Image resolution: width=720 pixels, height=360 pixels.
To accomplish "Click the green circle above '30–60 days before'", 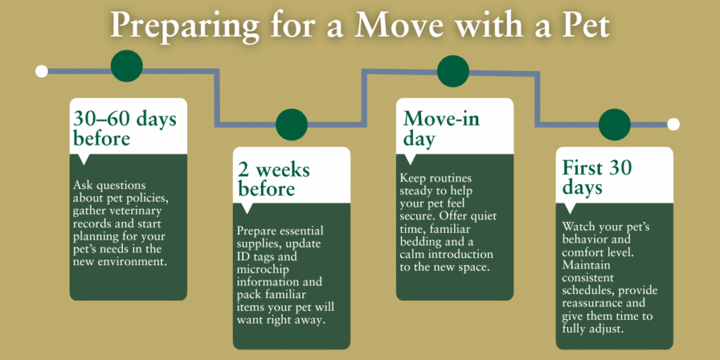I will [x=127, y=66].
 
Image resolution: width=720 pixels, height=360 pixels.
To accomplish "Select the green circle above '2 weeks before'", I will [x=292, y=124].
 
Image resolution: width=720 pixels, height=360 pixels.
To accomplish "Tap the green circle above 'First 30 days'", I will [x=614, y=124].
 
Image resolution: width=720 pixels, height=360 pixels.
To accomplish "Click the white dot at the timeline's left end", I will [x=41, y=70].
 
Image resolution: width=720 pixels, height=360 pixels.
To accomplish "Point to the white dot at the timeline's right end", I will [x=673, y=124].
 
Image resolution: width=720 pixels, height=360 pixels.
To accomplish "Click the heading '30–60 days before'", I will [x=124, y=128].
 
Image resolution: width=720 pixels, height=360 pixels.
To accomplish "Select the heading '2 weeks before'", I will [x=274, y=179].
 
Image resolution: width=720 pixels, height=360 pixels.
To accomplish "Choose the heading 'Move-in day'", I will [x=441, y=128].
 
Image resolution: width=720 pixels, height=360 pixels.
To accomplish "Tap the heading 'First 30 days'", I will [x=597, y=177].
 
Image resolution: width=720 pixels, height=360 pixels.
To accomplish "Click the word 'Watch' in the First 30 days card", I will [x=578, y=227].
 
